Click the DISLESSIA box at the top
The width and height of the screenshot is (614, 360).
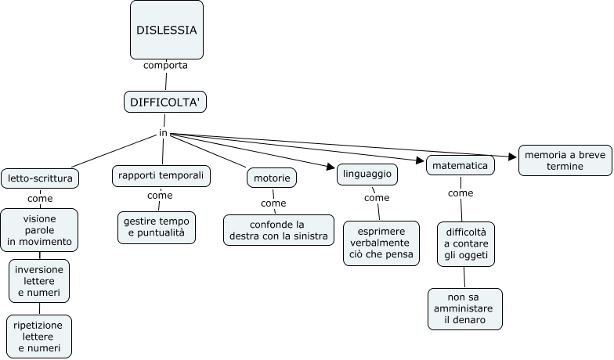[166, 30]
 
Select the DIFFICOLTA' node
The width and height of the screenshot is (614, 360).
[165, 102]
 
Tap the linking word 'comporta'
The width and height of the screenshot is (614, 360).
[165, 65]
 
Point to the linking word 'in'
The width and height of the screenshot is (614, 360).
[163, 133]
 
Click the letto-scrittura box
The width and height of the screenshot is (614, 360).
[40, 178]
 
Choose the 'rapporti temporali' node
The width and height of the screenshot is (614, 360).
[161, 176]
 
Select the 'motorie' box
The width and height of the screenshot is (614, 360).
[272, 178]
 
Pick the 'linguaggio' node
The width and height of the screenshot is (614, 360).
[367, 174]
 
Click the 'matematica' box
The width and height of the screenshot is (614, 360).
[460, 166]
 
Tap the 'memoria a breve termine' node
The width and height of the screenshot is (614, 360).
[554, 161]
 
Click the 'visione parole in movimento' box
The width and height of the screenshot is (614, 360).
[39, 230]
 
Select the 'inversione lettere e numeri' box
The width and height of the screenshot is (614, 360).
[39, 282]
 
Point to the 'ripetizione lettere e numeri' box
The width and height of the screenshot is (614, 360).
[39, 336]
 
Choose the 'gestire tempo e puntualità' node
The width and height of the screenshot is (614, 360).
[156, 227]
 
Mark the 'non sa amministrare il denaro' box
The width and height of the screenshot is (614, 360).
[465, 309]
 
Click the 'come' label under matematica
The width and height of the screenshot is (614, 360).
[460, 193]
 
